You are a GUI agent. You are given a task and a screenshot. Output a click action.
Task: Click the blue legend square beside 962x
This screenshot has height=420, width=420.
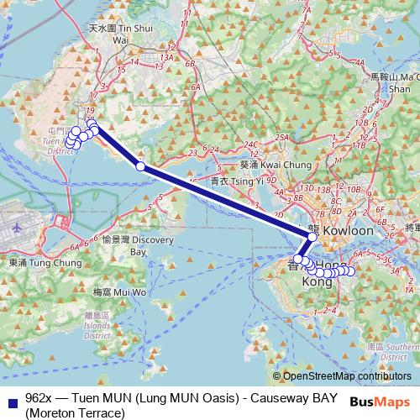click(11, 397)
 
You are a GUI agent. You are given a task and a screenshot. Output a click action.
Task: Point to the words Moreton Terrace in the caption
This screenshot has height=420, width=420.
click(75, 412)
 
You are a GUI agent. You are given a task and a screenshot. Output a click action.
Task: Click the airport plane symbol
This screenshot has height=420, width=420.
click(18, 228)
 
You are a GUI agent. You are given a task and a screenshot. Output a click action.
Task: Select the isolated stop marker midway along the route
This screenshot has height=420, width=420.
click(140, 166)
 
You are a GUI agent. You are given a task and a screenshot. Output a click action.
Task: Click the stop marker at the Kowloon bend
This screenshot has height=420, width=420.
click(312, 238)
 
